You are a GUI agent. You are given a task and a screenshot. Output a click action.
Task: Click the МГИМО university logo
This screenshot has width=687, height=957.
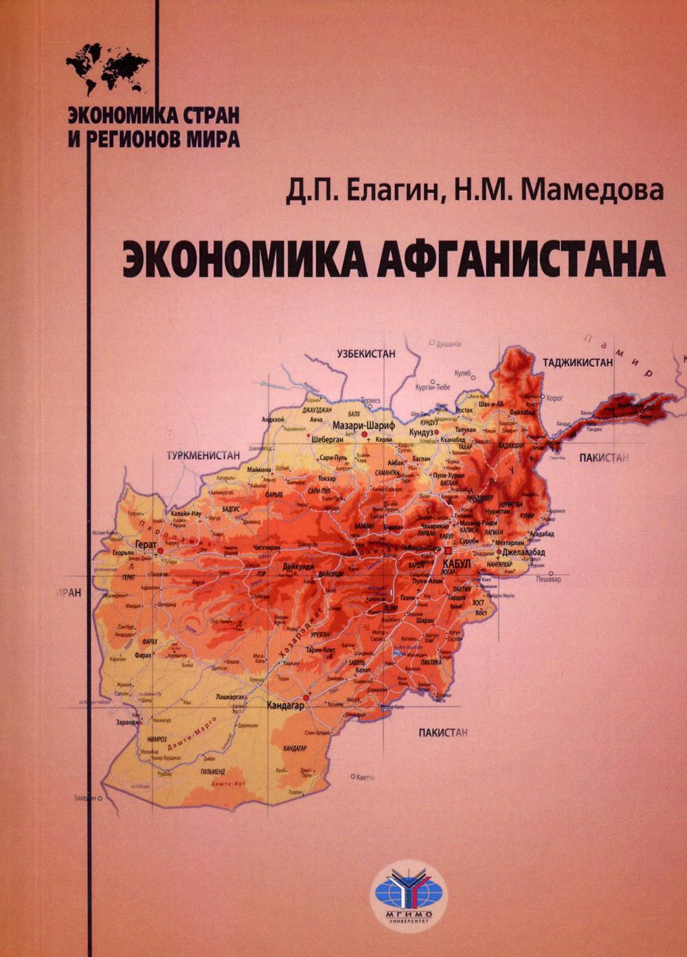pyautogui.click(x=409, y=888)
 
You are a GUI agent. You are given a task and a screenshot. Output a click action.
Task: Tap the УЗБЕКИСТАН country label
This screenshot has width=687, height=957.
pyautogui.click(x=366, y=354)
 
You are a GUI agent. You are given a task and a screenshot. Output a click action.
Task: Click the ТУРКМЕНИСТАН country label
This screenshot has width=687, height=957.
pyautogui.click(x=203, y=455)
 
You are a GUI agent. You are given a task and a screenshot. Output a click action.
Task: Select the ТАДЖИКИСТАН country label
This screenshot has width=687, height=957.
pyautogui.click(x=577, y=362)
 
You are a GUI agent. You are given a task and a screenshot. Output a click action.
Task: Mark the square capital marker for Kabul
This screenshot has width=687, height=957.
pyautogui.click(x=448, y=552)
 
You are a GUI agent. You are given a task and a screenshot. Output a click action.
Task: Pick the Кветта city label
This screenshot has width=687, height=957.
pyautogui.click(x=366, y=777)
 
